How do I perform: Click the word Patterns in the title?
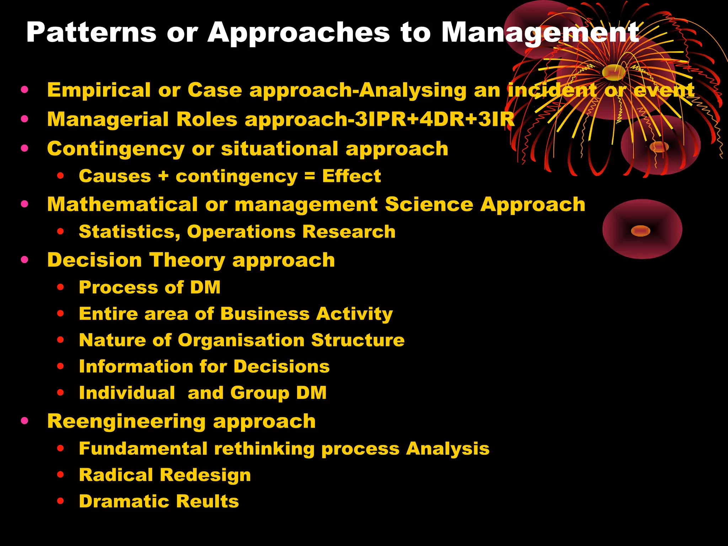[x=91, y=33]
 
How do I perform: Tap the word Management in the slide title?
[x=540, y=33]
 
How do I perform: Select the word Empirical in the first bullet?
[x=99, y=90]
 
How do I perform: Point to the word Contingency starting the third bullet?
[x=116, y=149]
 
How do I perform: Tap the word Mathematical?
[x=122, y=204]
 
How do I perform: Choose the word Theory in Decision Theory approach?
[x=187, y=260]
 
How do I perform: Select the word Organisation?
[x=241, y=340]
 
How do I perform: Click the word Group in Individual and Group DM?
[x=259, y=393]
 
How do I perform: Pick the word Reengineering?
[x=126, y=422]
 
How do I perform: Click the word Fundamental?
[x=143, y=449]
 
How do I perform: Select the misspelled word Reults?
[x=207, y=502]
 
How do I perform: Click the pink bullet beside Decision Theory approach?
[x=25, y=260]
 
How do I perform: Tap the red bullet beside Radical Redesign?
[x=60, y=475]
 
